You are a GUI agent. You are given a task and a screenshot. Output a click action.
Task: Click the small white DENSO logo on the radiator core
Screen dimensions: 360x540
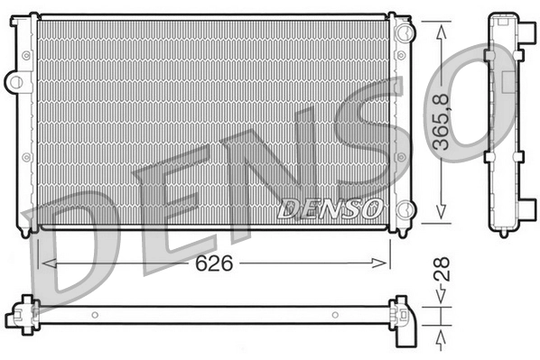328,209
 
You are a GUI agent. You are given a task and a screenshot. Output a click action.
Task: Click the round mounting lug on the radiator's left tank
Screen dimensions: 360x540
13,82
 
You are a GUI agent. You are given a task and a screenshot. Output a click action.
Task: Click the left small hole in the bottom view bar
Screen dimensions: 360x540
97,315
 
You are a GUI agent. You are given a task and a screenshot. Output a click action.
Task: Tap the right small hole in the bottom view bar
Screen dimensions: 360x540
334,315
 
